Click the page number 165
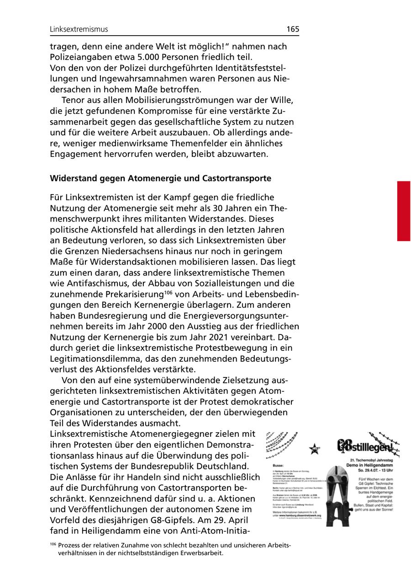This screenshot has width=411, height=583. (293, 29)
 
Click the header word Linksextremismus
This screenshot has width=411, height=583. (79, 29)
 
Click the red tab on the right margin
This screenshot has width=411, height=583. (403, 211)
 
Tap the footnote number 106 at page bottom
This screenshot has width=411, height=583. (53, 545)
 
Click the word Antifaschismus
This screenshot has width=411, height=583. (97, 283)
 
